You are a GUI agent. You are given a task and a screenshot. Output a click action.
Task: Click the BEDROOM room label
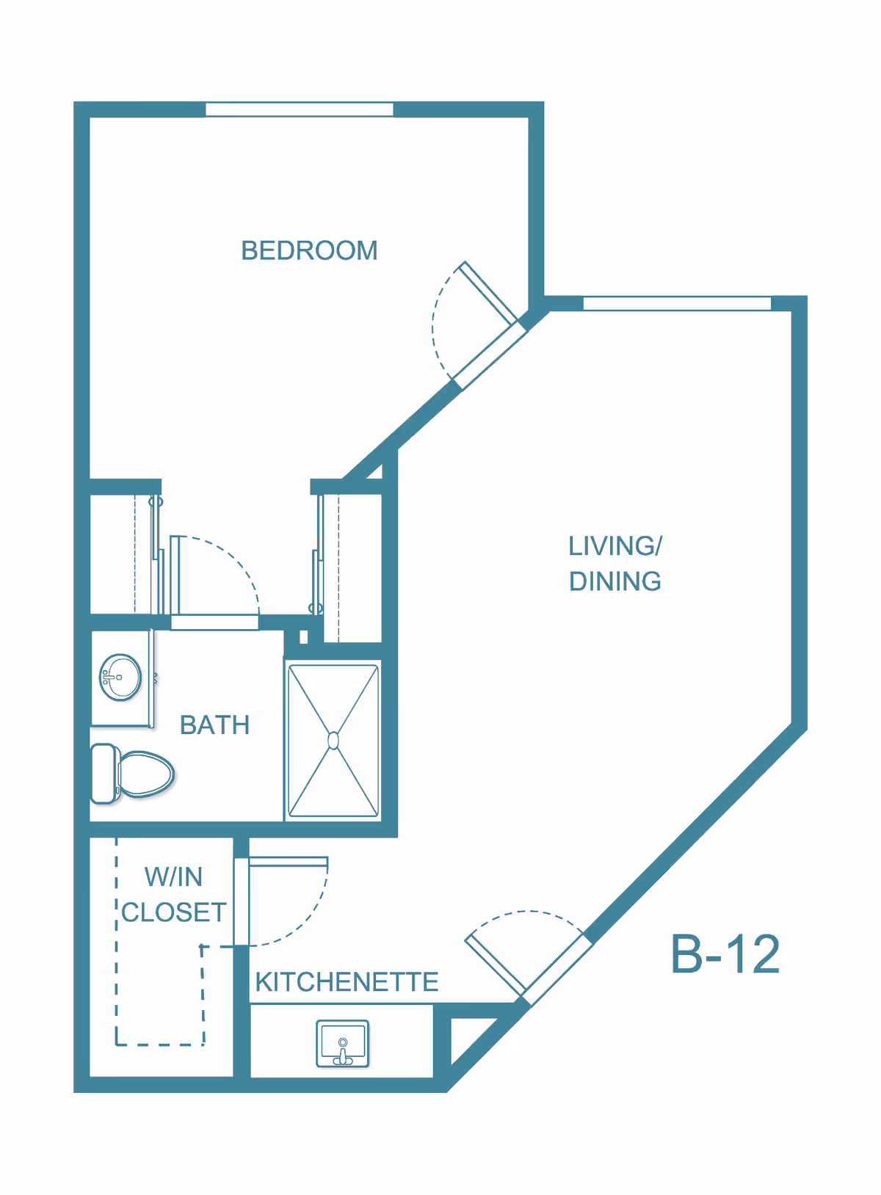tap(309, 250)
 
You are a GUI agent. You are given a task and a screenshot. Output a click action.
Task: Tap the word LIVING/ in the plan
tap(615, 546)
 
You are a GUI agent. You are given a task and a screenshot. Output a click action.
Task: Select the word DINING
tap(615, 581)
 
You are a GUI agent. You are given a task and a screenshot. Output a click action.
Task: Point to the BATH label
tap(214, 724)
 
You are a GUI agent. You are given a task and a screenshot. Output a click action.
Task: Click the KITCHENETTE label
tap(347, 981)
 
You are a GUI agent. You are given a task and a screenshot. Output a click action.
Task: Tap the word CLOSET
tap(174, 912)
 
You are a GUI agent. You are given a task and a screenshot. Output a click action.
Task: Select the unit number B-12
tap(725, 954)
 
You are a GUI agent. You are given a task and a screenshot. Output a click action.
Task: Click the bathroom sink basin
tap(120, 677)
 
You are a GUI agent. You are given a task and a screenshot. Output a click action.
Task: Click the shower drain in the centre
tap(333, 741)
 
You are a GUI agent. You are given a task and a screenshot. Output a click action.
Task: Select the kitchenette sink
tap(342, 1044)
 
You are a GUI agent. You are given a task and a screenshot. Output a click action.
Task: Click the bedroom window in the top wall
tap(300, 109)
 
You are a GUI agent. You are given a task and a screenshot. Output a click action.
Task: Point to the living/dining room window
tap(677, 304)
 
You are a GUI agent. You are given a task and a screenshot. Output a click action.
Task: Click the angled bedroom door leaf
tap(488, 293)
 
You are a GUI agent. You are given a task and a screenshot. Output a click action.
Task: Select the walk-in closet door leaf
tap(289, 862)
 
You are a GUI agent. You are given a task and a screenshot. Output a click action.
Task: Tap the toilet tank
tap(104, 774)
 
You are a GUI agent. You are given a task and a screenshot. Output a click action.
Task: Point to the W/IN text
tap(173, 877)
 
